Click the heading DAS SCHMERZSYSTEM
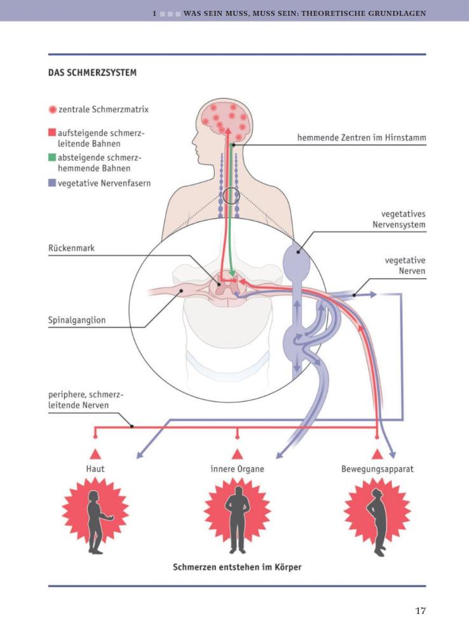point(92,73)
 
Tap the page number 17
point(420,611)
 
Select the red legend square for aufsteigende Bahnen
point(53,134)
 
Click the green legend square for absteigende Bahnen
point(53,158)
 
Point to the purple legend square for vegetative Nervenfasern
point(53,183)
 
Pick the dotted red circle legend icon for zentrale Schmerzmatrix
point(53,109)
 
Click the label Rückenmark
point(71,248)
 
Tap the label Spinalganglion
point(77,321)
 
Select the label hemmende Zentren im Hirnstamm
point(362,137)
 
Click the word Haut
point(95,469)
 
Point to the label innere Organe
point(237,469)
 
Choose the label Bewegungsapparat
point(377,469)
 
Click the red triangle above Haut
point(95,453)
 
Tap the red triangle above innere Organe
point(237,453)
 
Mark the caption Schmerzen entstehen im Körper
point(237,567)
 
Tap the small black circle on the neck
point(231,197)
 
